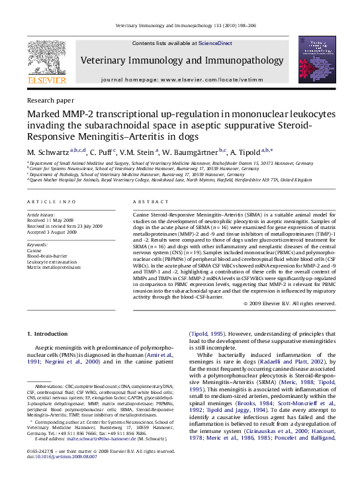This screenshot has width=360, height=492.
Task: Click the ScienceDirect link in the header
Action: (x=216, y=43)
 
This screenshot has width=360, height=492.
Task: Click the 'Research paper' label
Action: (x=50, y=101)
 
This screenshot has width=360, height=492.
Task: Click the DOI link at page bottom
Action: (x=61, y=475)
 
